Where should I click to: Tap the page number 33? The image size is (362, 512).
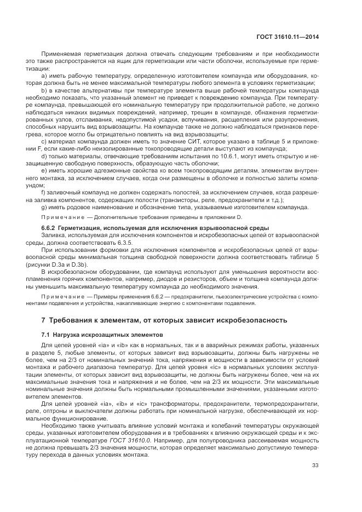coord(315,465)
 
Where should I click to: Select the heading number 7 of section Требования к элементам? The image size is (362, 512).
coord(44,320)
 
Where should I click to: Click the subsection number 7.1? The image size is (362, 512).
coord(46,334)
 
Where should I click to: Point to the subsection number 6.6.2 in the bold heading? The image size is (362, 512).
coord(51,227)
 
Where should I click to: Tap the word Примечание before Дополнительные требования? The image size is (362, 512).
coord(59,217)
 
